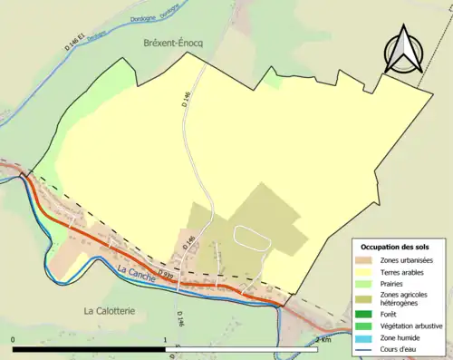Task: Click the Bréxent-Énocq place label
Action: [175, 44]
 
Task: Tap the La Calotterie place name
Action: [113, 310]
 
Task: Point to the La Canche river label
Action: [135, 271]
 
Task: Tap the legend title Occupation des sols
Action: [401, 247]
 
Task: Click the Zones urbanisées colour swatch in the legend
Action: [366, 261]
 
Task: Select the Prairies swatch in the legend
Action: [366, 284]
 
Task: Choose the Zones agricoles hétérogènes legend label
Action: [404, 300]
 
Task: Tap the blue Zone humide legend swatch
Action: [366, 338]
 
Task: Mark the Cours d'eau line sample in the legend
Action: [366, 349]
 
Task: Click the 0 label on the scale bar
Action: [14, 340]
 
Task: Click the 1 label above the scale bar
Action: [166, 340]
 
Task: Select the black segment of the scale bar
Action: [90, 349]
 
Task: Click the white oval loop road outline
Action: [253, 237]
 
